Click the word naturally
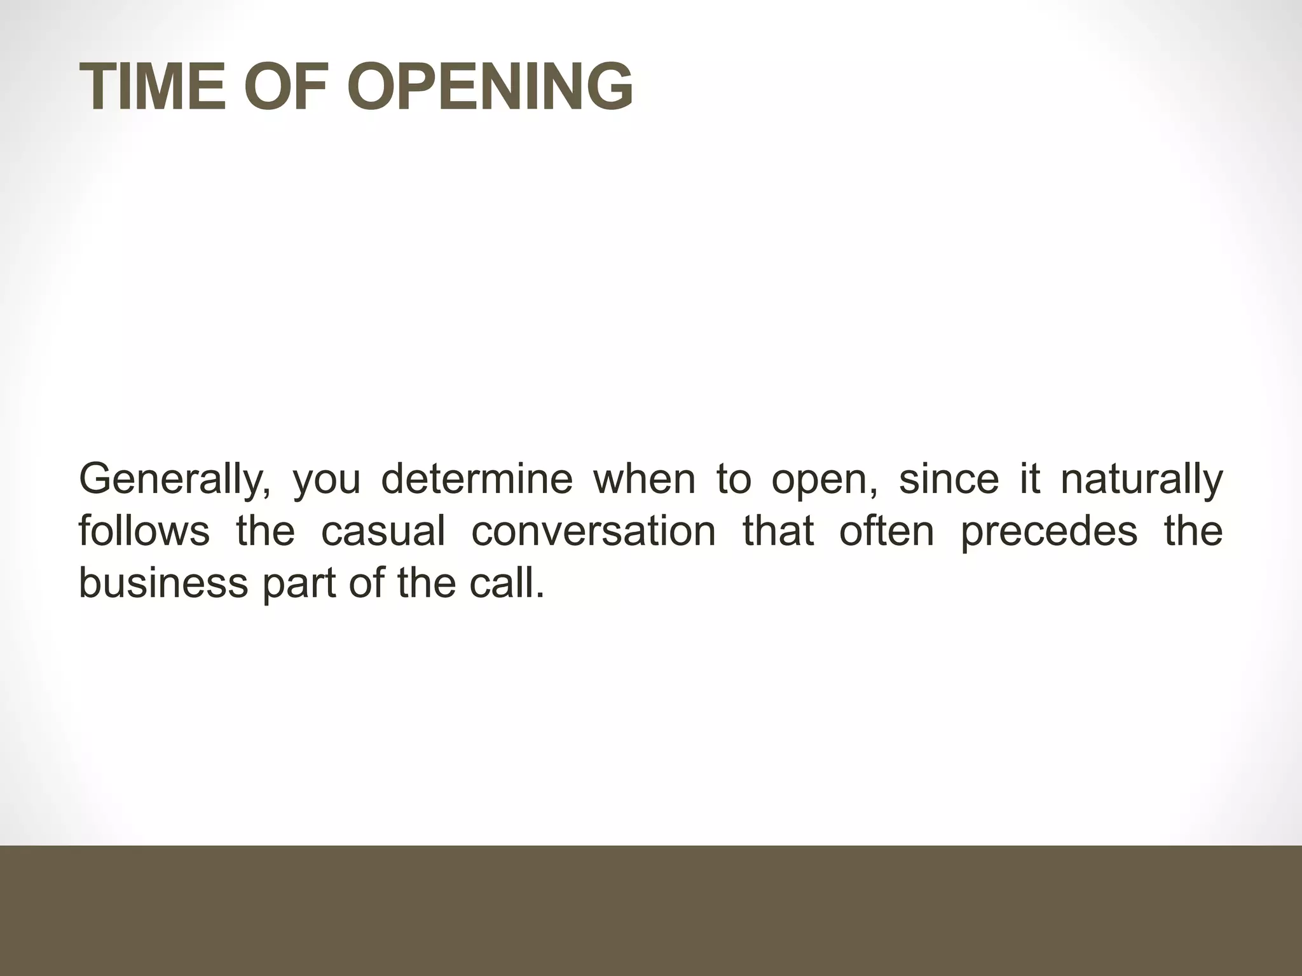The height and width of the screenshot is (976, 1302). [x=1142, y=480]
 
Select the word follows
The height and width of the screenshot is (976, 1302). [x=144, y=531]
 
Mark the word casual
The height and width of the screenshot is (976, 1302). [x=383, y=531]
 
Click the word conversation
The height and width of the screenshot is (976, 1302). [x=594, y=531]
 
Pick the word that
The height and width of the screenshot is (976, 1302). [x=778, y=531]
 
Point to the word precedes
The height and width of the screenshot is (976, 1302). [x=1049, y=532]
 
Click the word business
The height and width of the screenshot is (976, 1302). [x=163, y=583]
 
